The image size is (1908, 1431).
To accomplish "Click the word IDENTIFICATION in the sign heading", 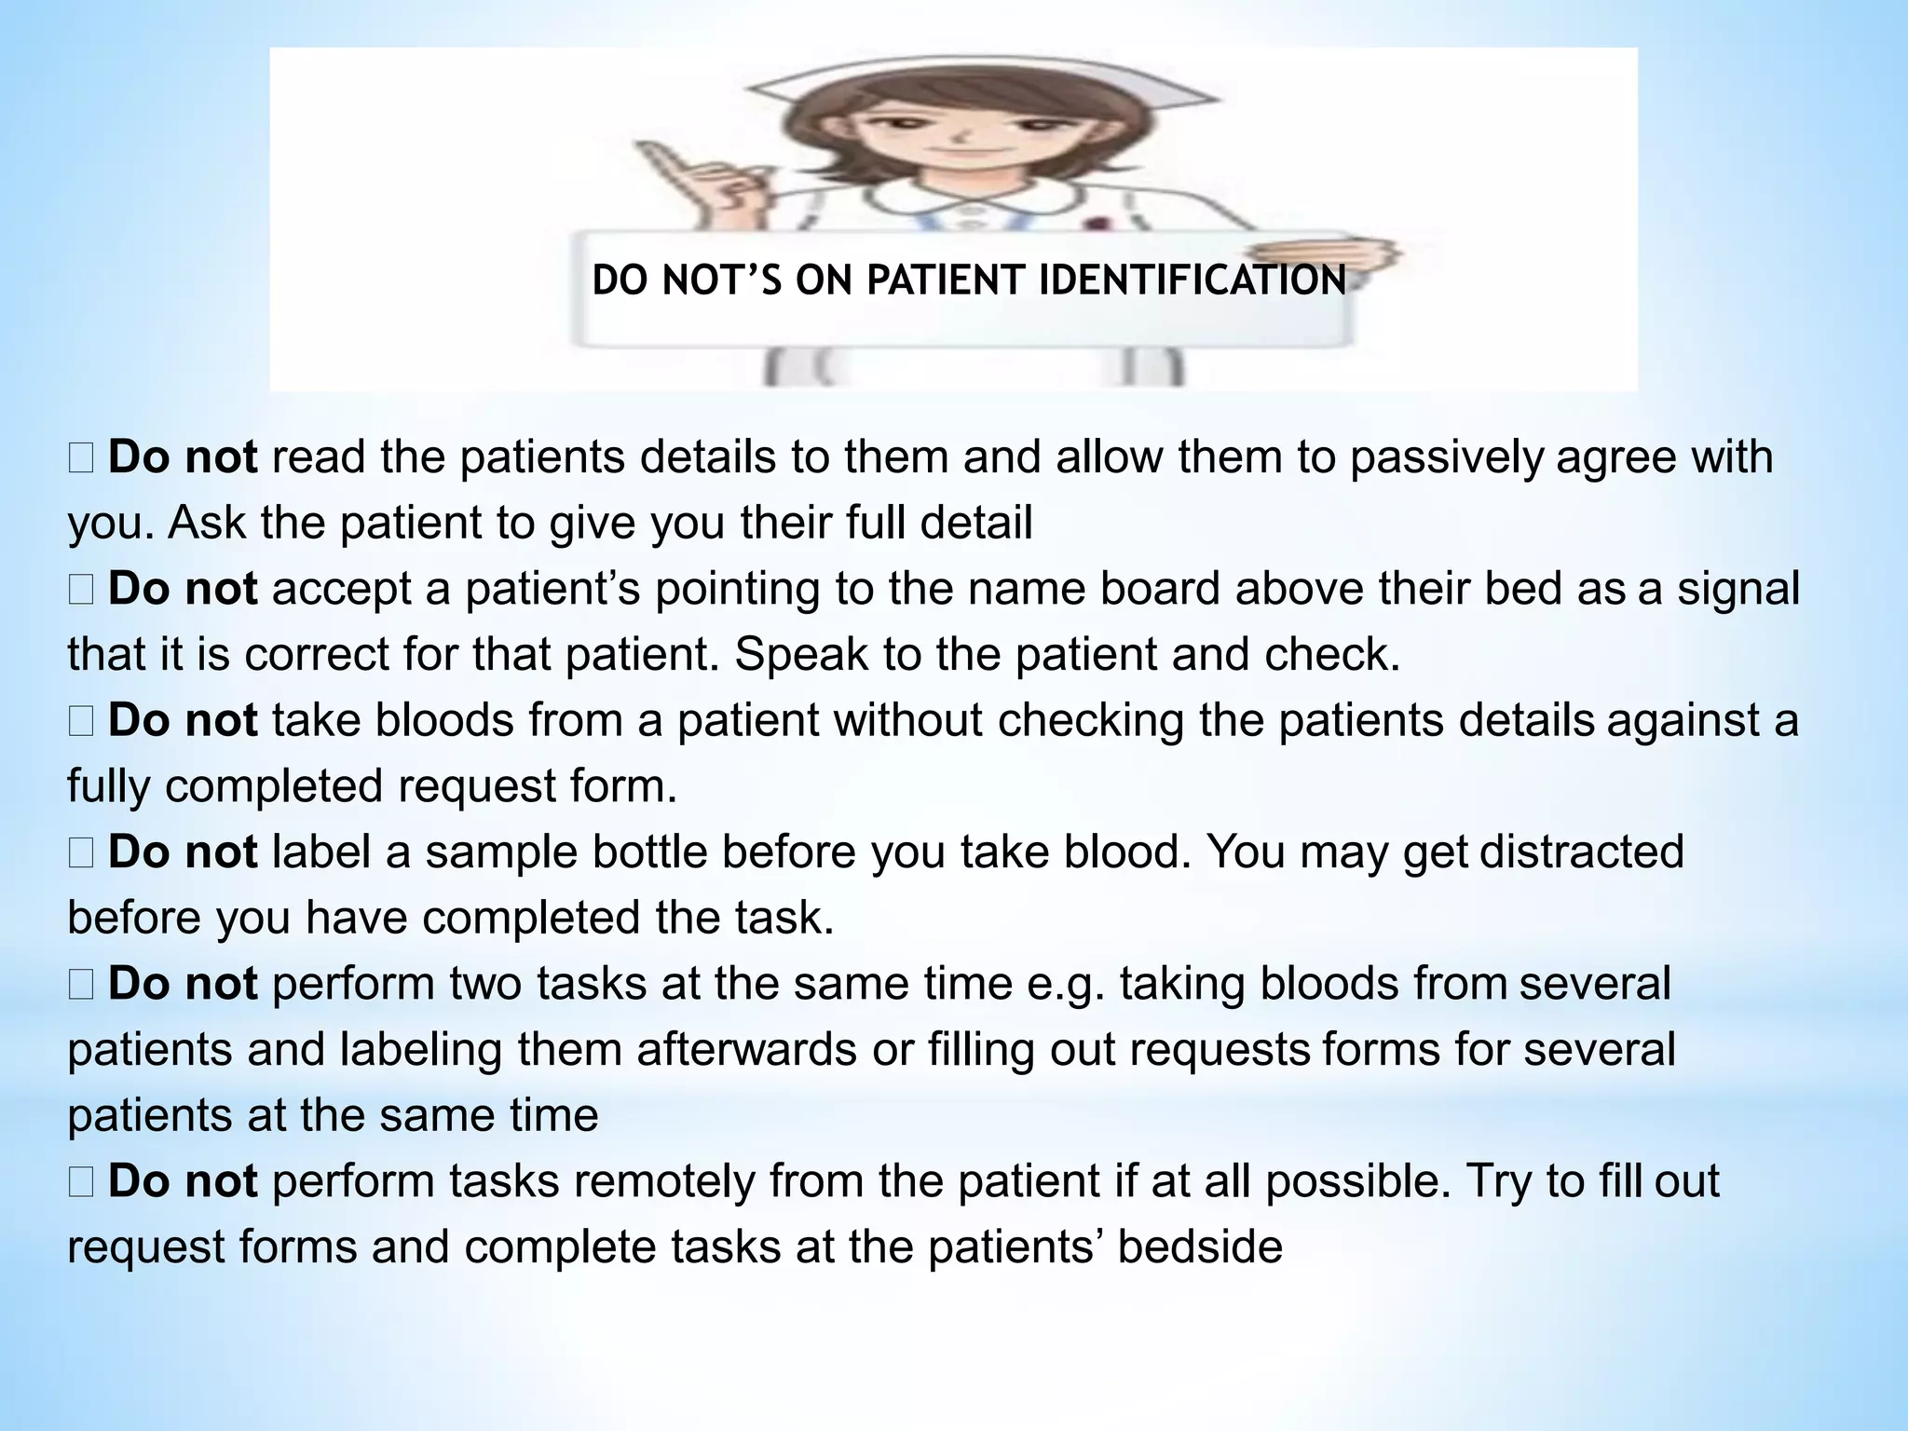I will (1192, 280).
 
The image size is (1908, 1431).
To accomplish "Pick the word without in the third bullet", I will (908, 721).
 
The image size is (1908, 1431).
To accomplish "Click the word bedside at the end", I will (1199, 1247).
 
